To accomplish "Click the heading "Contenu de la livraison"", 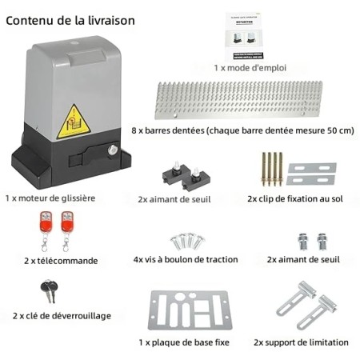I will (70, 19).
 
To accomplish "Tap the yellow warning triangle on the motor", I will (74, 121).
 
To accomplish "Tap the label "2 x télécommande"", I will (61, 260).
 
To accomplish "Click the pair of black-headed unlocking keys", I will (50, 292).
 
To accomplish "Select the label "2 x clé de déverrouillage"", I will (62, 316).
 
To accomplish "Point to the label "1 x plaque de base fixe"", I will (183, 342).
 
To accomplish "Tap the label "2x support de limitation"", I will (301, 342).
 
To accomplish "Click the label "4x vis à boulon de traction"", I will (183, 260).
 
